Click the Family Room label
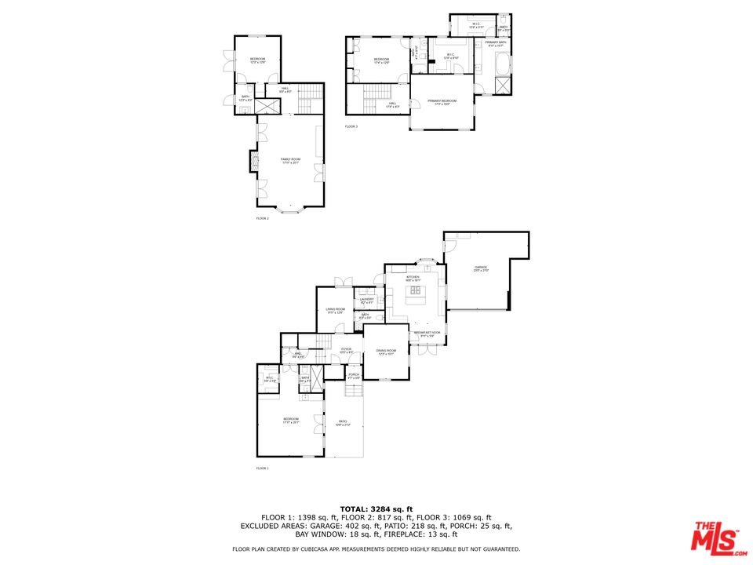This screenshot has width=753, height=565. pyautogui.click(x=290, y=160)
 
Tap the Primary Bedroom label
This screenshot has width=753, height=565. pyautogui.click(x=442, y=102)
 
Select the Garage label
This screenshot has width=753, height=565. pyautogui.click(x=481, y=269)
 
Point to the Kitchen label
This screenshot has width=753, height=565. pyautogui.click(x=413, y=278)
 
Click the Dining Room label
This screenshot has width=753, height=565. pyautogui.click(x=386, y=352)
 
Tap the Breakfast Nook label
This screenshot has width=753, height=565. pyautogui.click(x=427, y=334)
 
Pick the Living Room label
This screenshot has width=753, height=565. pyautogui.click(x=336, y=310)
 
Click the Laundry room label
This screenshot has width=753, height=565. pyautogui.click(x=366, y=301)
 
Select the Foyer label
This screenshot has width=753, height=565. pyautogui.click(x=346, y=350)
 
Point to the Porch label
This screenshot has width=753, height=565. pyautogui.click(x=354, y=375)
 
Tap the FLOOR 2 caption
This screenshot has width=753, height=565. pyautogui.click(x=262, y=218)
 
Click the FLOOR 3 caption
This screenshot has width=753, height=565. pyautogui.click(x=351, y=126)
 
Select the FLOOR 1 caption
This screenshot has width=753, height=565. pyautogui.click(x=262, y=468)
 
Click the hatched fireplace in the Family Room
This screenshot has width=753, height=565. pyautogui.click(x=253, y=162)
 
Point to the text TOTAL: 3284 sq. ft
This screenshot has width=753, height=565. pyautogui.click(x=376, y=508)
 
